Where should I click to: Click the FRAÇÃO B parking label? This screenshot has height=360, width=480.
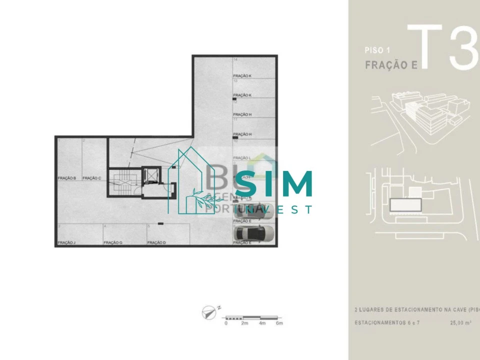pos(66,178)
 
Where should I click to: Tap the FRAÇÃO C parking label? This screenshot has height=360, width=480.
pos(92,178)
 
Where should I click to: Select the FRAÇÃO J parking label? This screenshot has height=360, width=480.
pos(66,242)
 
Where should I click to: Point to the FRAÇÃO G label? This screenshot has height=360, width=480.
pos(112,242)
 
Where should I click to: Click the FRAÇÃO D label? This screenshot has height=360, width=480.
pos(156,242)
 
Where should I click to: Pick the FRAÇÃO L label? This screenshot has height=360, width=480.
pos(242,157)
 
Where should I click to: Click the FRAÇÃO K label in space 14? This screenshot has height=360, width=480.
pos(242,76)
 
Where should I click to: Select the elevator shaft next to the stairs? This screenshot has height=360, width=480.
pos(150,175)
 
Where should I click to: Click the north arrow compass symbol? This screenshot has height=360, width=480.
pos(209,313)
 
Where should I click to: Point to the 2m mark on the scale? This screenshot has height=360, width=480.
pos(244,323)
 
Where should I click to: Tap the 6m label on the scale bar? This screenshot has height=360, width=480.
pos(279,323)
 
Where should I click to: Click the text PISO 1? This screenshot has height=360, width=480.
pos(377,50)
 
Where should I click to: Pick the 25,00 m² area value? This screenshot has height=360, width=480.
pos(460,323)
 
